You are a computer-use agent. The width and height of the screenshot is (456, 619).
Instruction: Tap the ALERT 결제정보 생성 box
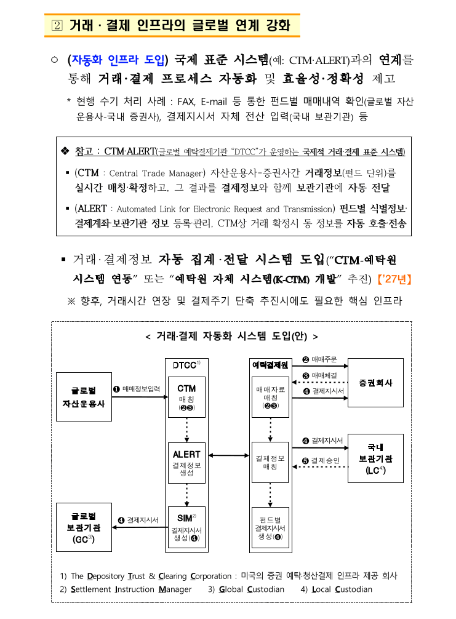click(186, 463)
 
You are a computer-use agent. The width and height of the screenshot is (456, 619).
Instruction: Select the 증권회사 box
click(375, 383)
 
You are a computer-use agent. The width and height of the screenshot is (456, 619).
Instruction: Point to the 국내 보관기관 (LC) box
click(375, 458)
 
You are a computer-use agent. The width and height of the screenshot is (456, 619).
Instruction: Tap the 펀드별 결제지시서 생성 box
click(270, 527)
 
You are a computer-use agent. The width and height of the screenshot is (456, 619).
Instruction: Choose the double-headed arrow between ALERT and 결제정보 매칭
click(228, 456)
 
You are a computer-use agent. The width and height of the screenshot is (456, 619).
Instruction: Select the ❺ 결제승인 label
click(321, 460)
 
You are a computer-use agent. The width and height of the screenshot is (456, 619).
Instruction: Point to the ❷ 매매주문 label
click(320, 359)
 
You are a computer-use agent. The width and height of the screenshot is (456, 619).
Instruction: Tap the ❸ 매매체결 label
click(320, 375)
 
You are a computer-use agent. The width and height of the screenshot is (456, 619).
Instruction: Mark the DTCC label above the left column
click(185, 365)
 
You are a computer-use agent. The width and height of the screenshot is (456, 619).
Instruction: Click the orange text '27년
click(394, 279)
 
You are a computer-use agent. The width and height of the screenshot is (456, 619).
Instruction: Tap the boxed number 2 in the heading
click(57, 26)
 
